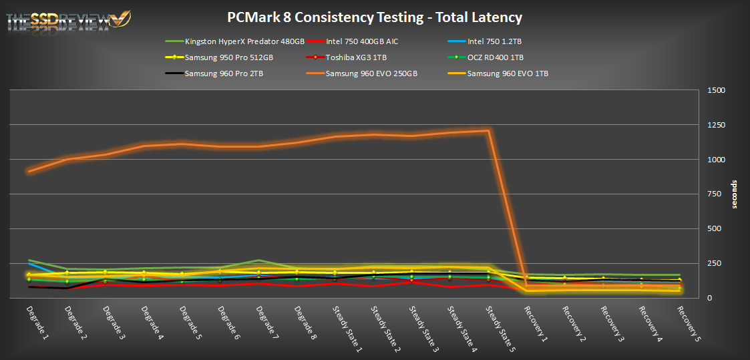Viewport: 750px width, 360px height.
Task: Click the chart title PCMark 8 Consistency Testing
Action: coord(375,17)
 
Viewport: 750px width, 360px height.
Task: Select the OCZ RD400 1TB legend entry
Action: coord(495,57)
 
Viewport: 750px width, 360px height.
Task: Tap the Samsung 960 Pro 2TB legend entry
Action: coord(224,73)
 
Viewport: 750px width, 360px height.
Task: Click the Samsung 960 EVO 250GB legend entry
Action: coord(371,73)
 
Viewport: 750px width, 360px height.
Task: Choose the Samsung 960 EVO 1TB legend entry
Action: coord(508,73)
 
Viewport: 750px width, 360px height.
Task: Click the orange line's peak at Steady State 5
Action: coord(489,131)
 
